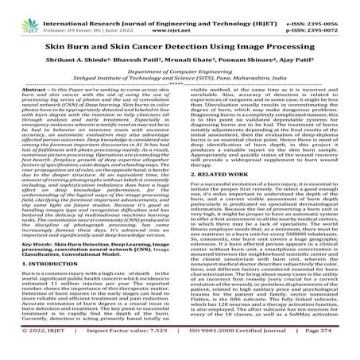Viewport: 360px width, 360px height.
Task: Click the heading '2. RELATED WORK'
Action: pos(216,194)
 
